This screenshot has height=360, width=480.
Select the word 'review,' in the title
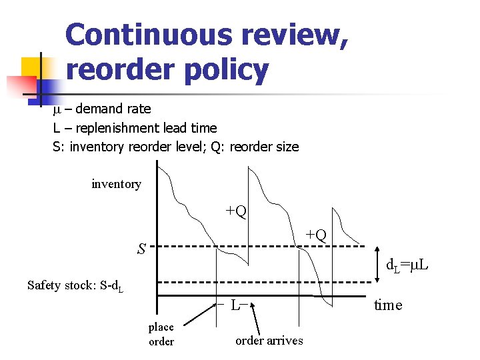coord(297,35)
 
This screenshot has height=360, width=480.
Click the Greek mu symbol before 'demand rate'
coord(57,109)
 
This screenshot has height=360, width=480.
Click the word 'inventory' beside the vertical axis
coord(116,184)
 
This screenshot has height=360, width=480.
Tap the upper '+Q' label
coord(236,211)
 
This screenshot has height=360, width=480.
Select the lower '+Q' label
coord(315,235)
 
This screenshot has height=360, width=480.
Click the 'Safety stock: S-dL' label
coord(75,286)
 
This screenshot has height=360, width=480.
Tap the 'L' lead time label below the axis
coord(235,306)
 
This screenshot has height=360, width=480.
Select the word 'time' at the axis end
coord(387,305)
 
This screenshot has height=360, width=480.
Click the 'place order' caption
coord(161,334)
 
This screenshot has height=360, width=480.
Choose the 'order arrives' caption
coord(269,341)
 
